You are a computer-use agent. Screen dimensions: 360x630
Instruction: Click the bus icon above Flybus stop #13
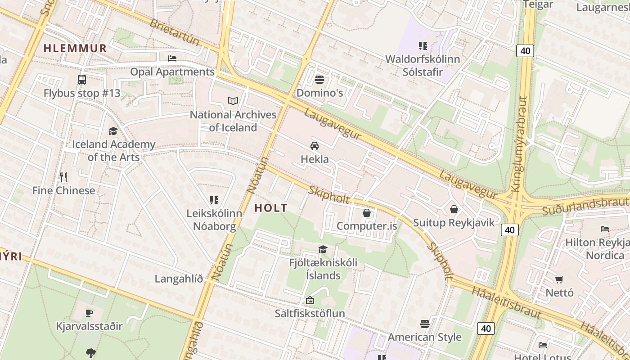point(82,80)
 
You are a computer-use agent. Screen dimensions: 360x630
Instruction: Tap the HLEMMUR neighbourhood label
point(75,48)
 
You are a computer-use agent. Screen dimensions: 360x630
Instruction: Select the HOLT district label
point(271,208)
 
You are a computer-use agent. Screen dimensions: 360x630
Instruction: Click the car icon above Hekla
point(314,145)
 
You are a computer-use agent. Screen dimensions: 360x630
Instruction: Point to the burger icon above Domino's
point(319,80)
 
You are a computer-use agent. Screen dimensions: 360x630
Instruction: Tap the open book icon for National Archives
point(233,101)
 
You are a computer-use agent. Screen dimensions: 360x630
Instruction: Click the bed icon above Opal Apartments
point(172,58)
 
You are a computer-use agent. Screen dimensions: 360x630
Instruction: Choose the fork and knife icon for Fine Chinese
point(63,177)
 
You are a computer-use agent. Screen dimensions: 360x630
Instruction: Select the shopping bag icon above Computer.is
point(367,212)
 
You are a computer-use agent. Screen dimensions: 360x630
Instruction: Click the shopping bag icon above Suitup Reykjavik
point(454,209)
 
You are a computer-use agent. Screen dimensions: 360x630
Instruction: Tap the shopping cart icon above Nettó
point(559,279)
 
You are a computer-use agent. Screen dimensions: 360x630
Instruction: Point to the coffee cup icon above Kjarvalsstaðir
point(89,313)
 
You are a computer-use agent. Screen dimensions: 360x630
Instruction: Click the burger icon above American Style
point(425,324)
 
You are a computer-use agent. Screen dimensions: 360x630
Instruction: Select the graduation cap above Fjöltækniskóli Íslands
point(323,249)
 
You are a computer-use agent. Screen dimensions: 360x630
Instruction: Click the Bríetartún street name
point(174,32)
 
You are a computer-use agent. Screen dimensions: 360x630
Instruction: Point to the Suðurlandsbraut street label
point(585,206)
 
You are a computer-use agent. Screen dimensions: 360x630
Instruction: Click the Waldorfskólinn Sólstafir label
point(423,65)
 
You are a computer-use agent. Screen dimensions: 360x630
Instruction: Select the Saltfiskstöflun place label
point(310,313)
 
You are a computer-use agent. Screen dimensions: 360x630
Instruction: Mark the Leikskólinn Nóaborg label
point(214,220)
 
